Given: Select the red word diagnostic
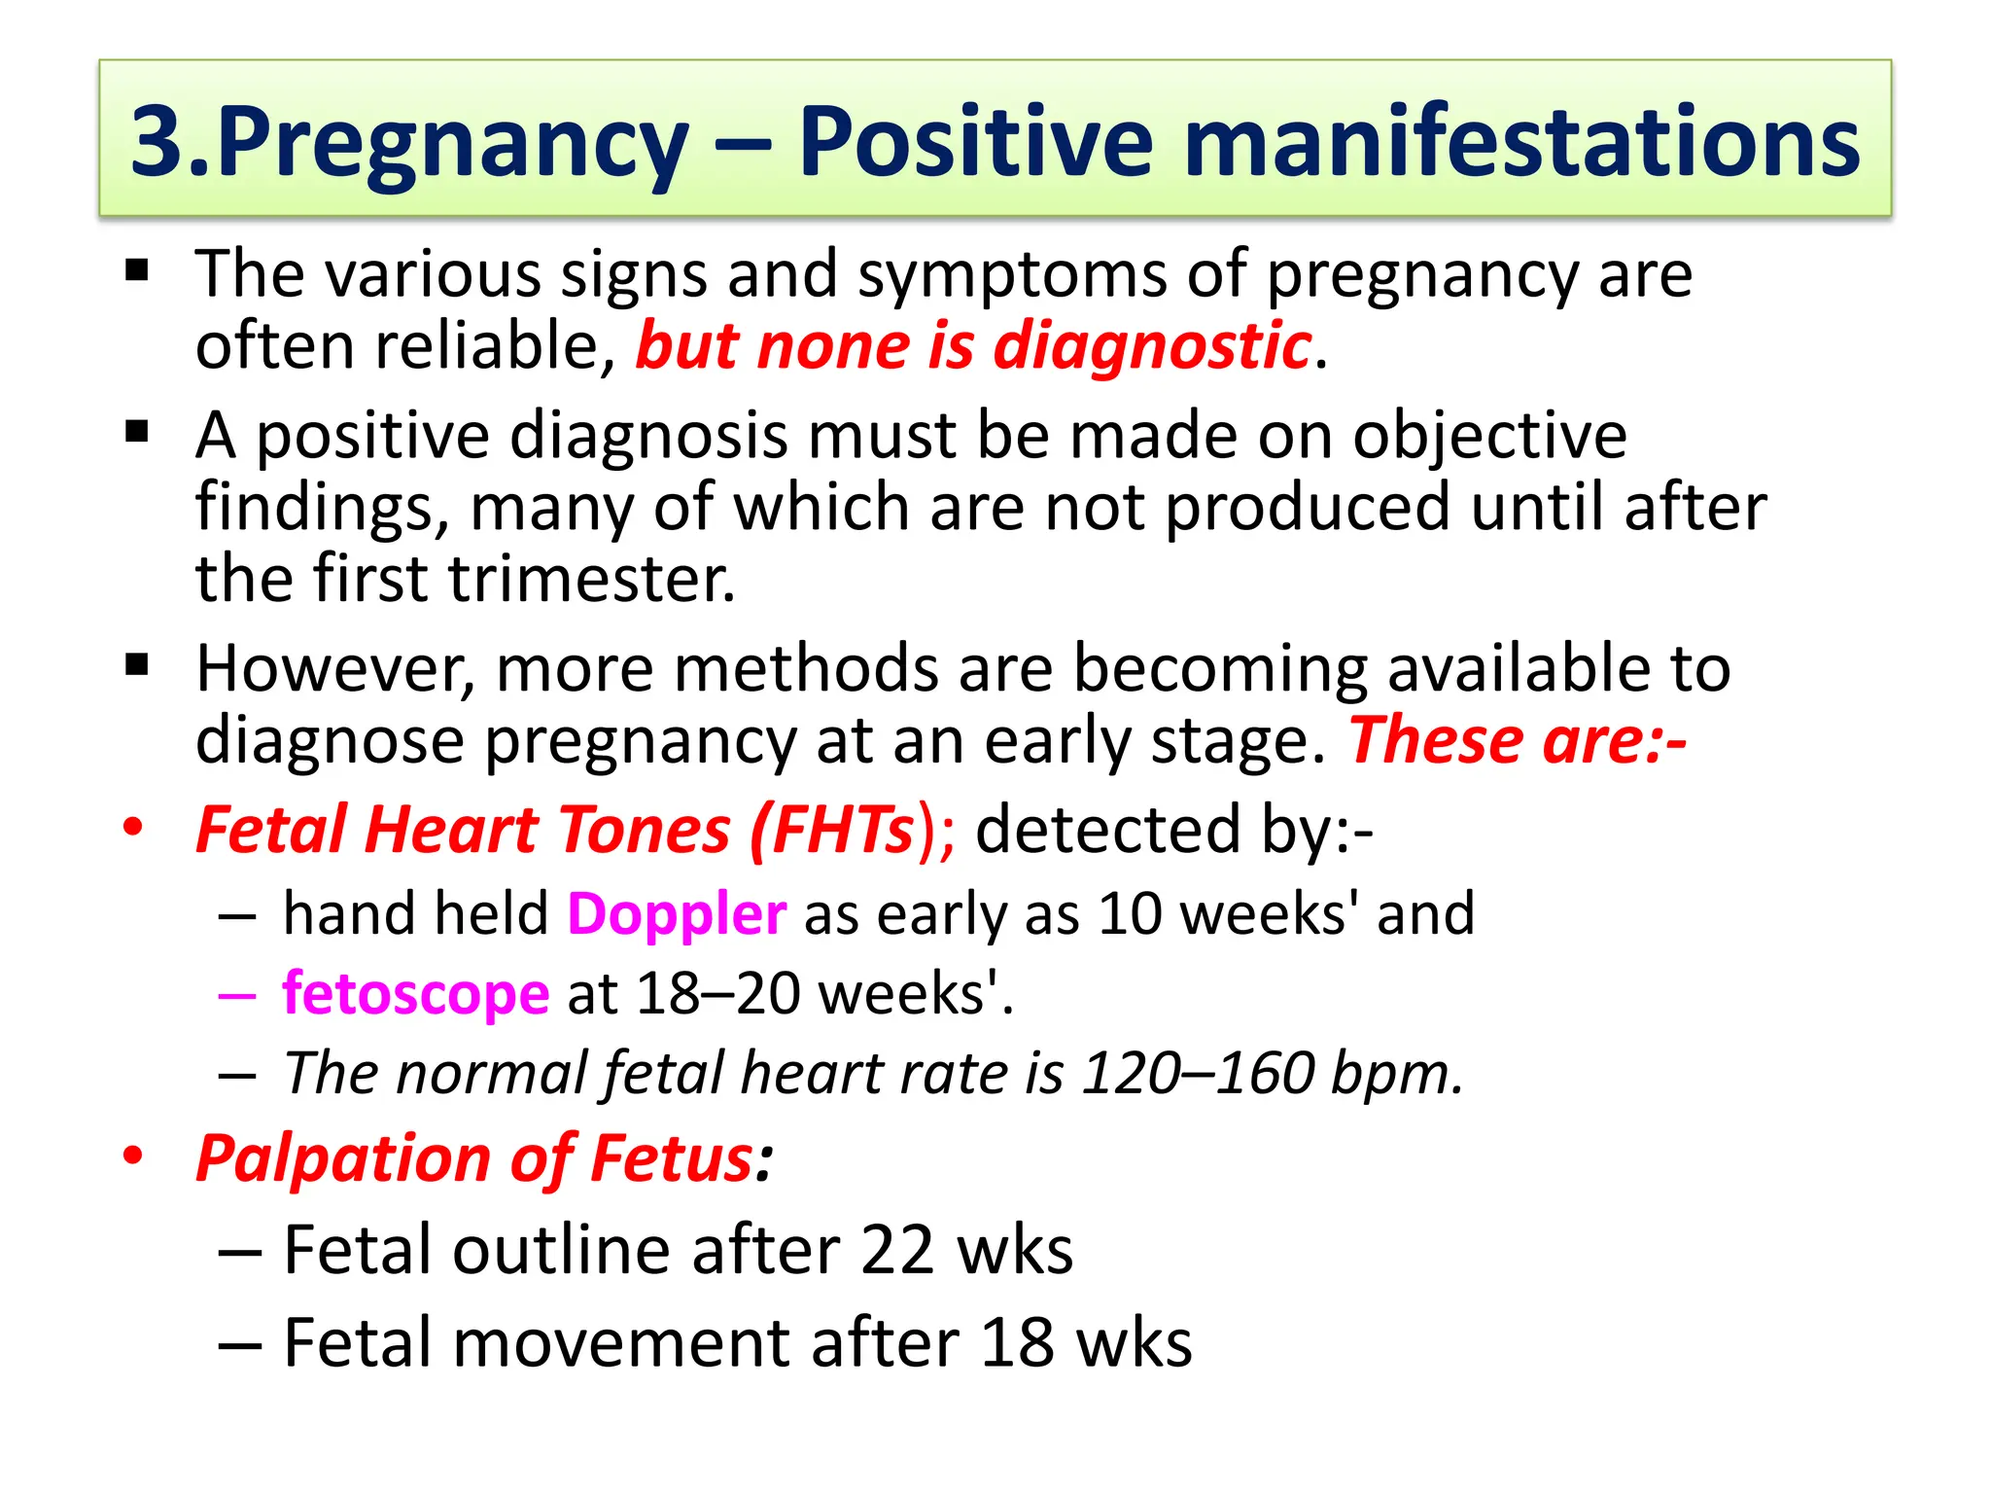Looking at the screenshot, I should point(1152,346).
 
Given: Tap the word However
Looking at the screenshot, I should point(335,669).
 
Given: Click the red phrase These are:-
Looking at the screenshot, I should point(1517,741).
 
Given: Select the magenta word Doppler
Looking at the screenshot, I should point(677,914).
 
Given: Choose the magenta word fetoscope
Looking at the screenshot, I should point(416,994).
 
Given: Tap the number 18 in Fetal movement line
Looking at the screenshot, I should point(1017,1343).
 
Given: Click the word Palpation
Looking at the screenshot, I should point(344,1159).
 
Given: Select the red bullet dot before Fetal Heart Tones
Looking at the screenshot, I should point(133,829).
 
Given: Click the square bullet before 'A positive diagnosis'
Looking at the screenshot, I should point(137,431).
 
